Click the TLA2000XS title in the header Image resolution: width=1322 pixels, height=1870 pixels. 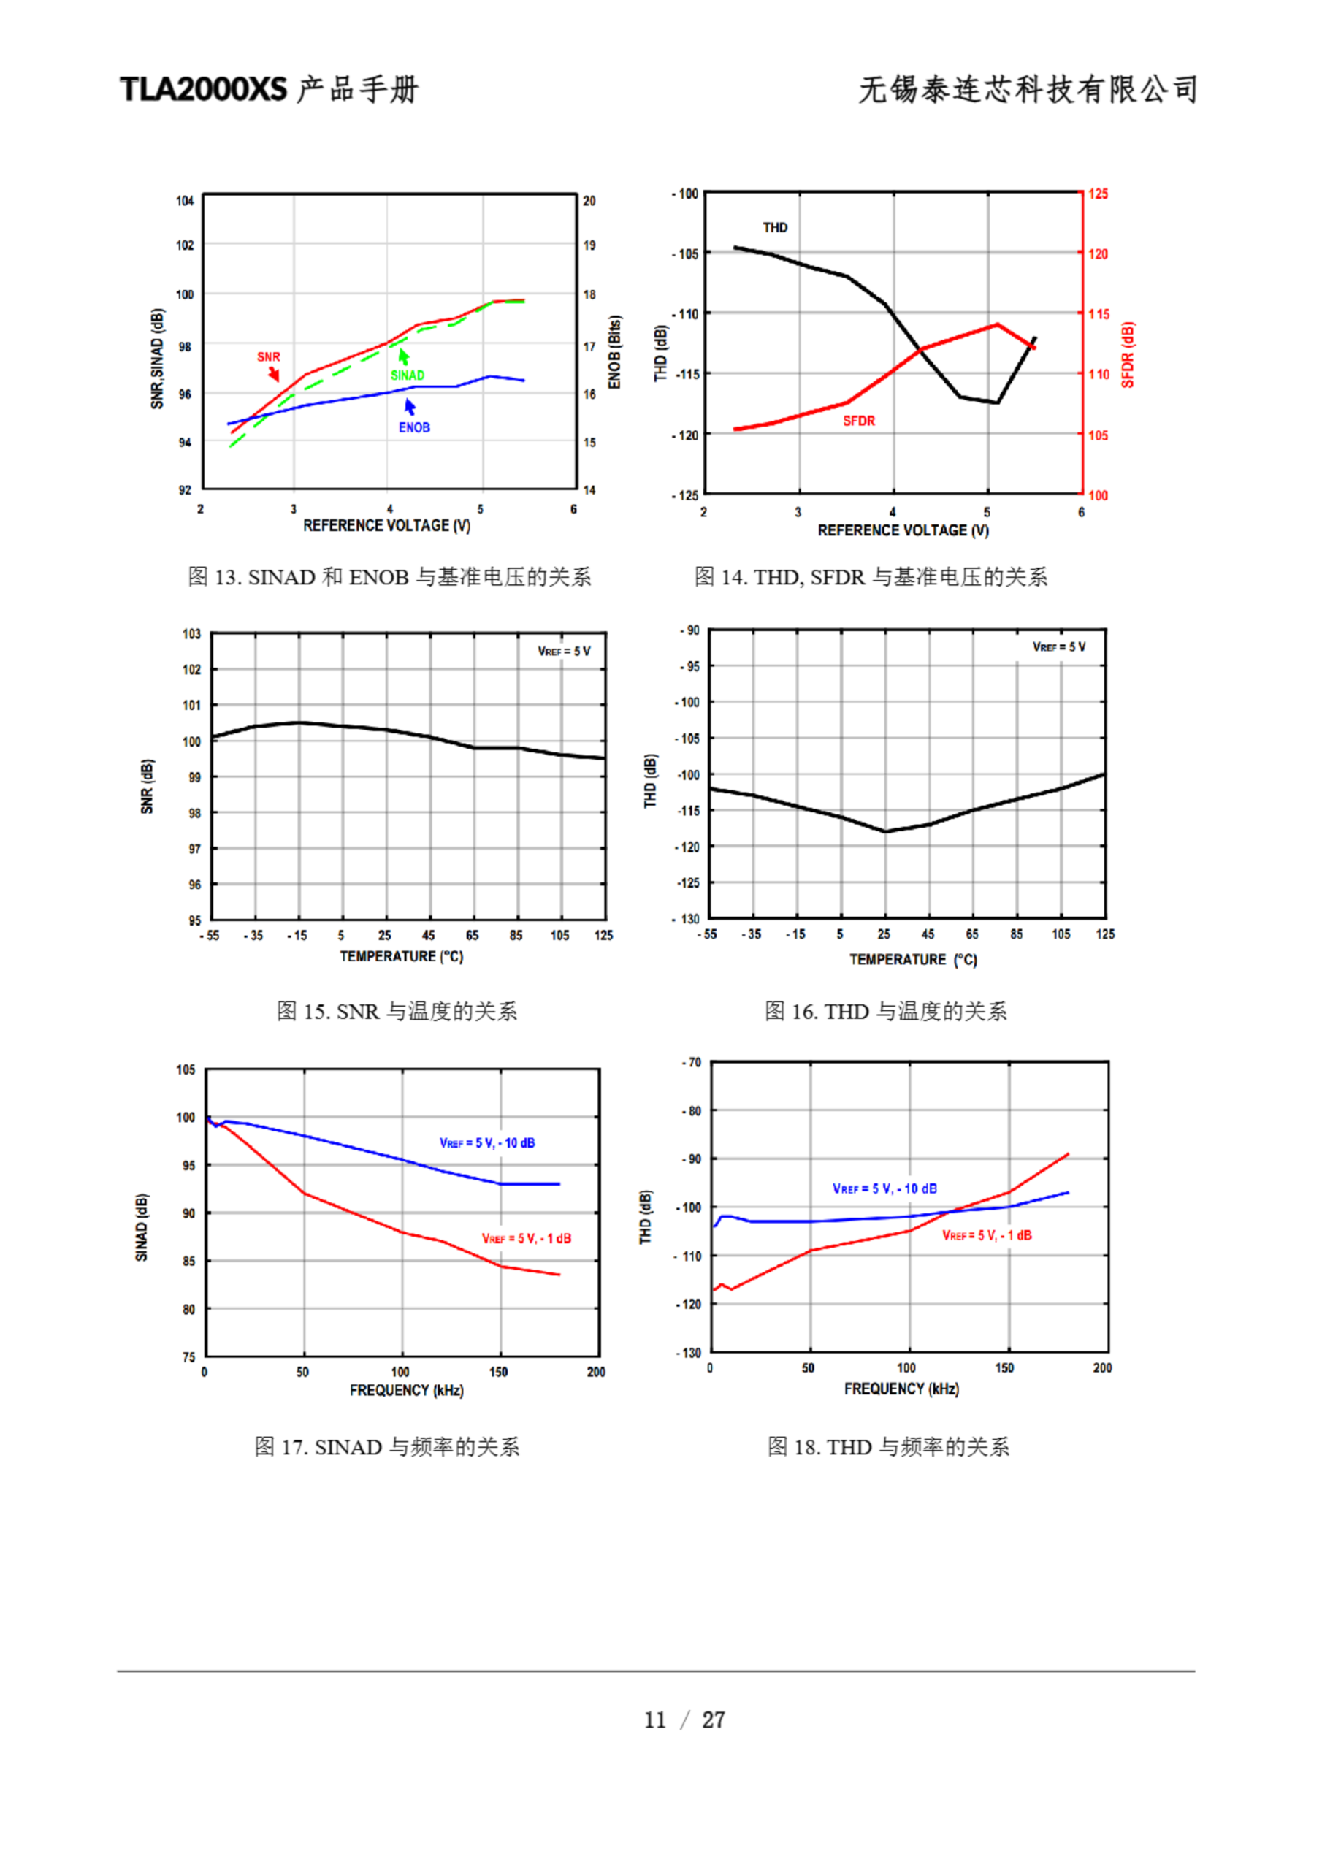(204, 89)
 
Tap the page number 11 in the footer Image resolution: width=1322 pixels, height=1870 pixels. (655, 1720)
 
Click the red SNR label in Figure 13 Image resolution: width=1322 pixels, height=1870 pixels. (268, 356)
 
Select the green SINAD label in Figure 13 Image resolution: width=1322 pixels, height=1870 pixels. (408, 375)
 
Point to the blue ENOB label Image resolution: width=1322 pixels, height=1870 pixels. (414, 427)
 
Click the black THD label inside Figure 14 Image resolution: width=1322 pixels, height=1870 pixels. (775, 228)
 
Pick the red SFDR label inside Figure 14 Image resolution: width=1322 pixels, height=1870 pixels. (858, 421)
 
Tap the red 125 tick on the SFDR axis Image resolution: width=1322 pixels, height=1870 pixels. (1098, 194)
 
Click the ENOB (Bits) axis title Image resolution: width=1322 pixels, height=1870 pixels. (615, 353)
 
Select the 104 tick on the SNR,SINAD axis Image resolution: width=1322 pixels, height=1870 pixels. (185, 201)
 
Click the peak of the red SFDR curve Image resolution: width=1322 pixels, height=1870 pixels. (997, 325)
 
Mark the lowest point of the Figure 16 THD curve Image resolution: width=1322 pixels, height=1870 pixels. (885, 831)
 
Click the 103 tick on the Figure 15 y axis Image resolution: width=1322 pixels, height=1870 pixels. (191, 633)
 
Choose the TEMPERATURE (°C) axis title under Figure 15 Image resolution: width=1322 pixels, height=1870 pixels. (402, 956)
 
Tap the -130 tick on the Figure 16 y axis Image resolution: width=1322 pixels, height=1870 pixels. (689, 919)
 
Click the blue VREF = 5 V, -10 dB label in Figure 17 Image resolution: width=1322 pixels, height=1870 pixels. (487, 1142)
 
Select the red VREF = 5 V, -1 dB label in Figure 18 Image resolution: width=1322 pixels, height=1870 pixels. (987, 1235)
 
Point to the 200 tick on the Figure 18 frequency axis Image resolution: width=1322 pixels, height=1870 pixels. (1102, 1367)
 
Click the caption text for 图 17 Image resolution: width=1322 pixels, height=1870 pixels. (387, 1447)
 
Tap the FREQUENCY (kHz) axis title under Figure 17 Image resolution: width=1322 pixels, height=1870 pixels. (406, 1390)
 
